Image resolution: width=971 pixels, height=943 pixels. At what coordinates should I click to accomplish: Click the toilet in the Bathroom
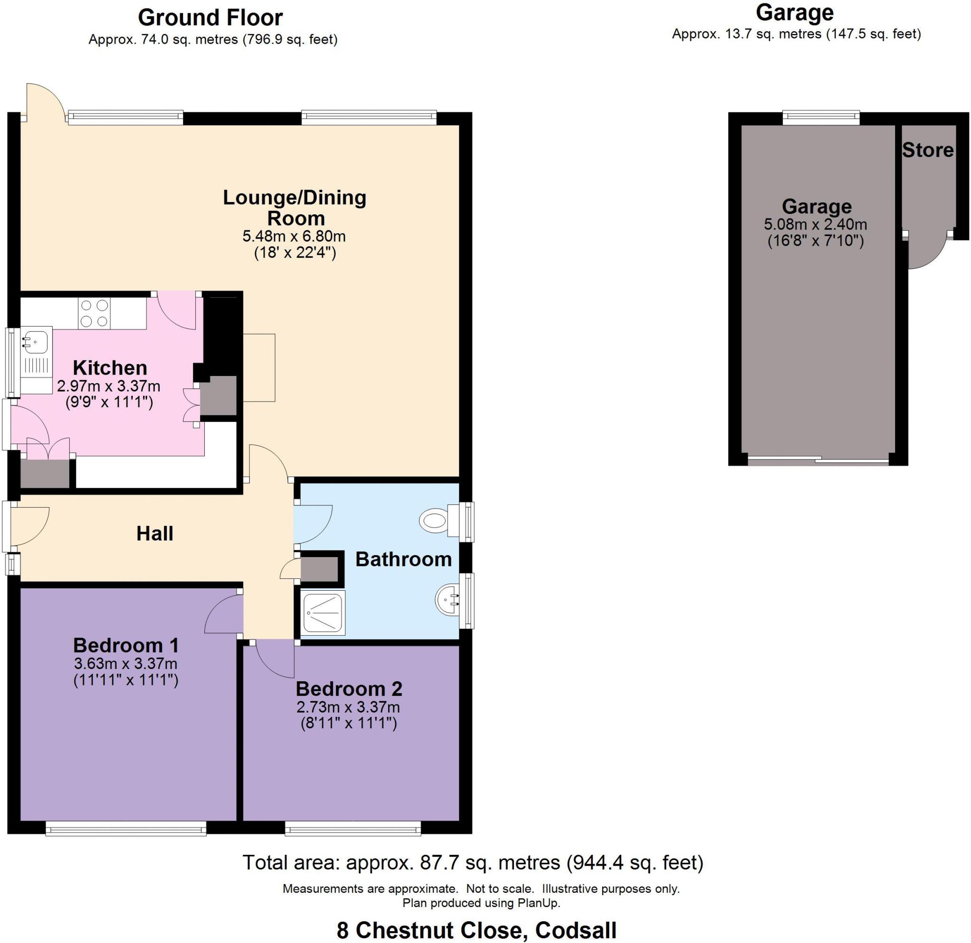(439, 521)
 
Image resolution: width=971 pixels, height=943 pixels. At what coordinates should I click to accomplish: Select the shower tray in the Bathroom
(322, 613)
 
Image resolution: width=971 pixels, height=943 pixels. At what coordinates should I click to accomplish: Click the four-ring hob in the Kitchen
(94, 313)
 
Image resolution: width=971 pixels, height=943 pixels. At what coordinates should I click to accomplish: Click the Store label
(927, 150)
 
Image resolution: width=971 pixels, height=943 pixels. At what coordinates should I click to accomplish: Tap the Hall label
(155, 534)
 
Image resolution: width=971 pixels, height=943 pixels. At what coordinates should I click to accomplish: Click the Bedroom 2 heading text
(349, 689)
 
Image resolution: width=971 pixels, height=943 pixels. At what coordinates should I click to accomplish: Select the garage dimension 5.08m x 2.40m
(815, 224)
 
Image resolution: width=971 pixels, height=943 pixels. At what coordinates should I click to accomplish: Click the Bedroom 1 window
(126, 828)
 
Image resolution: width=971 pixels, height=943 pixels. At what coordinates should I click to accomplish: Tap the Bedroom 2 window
(353, 828)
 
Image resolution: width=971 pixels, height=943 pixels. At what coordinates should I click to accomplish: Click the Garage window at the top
(821, 118)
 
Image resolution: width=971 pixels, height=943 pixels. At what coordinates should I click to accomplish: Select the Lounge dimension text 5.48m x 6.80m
(294, 236)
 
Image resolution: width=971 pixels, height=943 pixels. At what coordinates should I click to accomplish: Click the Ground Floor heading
(210, 18)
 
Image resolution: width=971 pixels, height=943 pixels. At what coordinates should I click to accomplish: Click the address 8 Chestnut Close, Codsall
(476, 930)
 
